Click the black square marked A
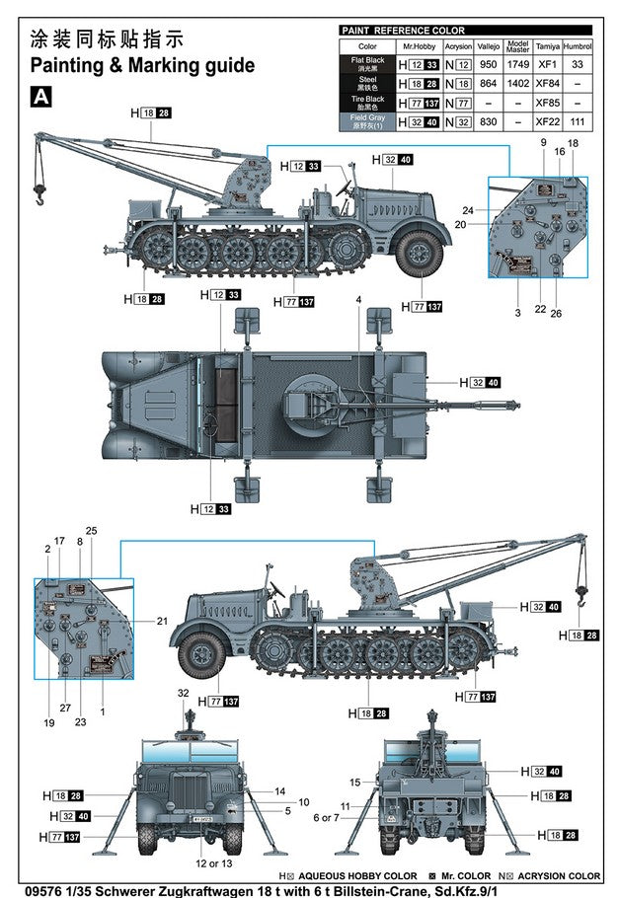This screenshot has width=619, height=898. tap(40, 97)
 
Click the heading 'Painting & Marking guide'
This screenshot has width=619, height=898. tap(142, 66)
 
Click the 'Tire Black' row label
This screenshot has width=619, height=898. tap(367, 103)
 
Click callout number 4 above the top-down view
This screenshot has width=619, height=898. tap(358, 299)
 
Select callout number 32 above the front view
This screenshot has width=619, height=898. tap(183, 694)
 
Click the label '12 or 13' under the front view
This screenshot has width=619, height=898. tap(206, 863)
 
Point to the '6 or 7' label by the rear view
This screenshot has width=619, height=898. tap(325, 817)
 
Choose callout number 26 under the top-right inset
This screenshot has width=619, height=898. tap(556, 313)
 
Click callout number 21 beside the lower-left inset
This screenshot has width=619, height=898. tap(162, 620)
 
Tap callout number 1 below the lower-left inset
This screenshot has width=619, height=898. tap(103, 711)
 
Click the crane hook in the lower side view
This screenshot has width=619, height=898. tap(583, 596)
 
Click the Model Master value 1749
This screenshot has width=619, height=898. tap(517, 64)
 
